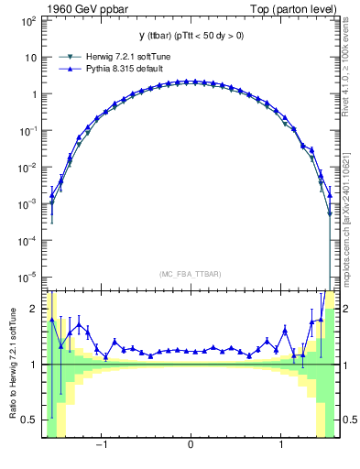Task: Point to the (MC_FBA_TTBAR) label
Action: (x=190, y=272)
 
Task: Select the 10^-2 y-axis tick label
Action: (x=28, y=168)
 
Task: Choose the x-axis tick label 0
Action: (x=190, y=446)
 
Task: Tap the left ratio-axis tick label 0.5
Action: (x=31, y=420)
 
